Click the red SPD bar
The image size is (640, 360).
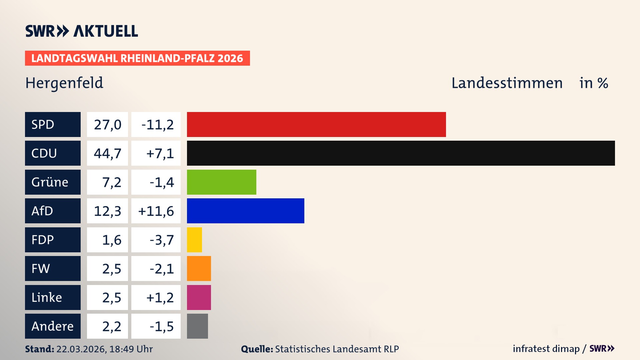point(316,124)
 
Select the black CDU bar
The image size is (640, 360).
point(401,153)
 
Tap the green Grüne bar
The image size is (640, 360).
point(221,182)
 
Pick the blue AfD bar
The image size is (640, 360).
point(245,211)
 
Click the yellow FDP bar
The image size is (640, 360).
point(194,240)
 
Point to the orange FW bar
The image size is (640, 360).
point(199,268)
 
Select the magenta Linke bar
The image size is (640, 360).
point(199,297)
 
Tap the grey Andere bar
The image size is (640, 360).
point(197,326)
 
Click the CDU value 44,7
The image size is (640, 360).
point(107,153)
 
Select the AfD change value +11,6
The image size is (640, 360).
point(156,211)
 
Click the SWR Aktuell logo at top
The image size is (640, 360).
point(81,31)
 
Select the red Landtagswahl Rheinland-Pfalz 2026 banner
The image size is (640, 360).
point(137,58)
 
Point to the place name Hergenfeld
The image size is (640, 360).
point(64,83)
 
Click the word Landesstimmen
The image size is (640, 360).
point(507,83)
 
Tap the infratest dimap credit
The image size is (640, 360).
point(546,349)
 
